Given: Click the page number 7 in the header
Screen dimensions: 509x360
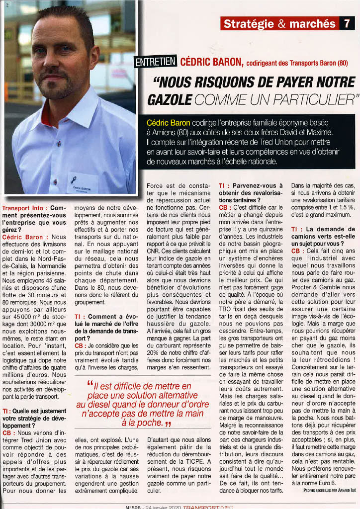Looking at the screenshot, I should point(346,23).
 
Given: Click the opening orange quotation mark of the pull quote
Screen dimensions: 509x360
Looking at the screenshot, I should point(90,383).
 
